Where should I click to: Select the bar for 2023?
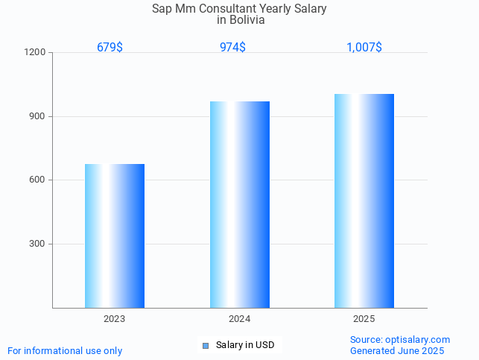tap(115, 236)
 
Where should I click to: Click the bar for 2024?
tap(239, 204)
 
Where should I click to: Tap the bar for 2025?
tap(364, 200)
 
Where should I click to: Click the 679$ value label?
tap(110, 47)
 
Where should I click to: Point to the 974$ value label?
tap(232, 47)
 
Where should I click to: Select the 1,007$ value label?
tap(364, 47)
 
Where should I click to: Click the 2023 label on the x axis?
tap(114, 319)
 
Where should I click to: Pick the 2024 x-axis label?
tap(239, 319)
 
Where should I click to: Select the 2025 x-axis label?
tap(364, 319)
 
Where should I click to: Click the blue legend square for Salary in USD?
tap(206, 345)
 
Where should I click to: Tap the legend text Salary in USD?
tap(245, 345)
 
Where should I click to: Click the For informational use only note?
tap(65, 350)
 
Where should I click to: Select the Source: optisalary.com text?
tap(400, 339)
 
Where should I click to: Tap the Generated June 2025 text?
tap(397, 350)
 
